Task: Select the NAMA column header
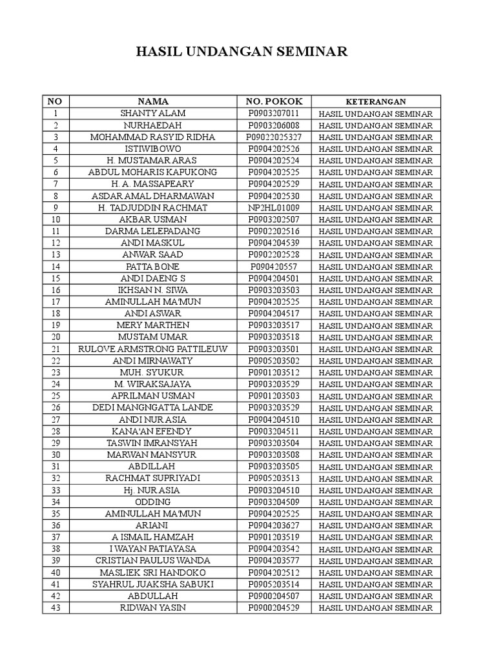coord(153,101)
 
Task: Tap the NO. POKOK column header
coord(274,101)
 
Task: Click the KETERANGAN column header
coord(376,102)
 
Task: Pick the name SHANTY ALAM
coord(153,114)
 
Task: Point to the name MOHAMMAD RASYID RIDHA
coord(153,137)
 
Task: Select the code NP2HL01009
coord(274,208)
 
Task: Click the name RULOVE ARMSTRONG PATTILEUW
coord(153,349)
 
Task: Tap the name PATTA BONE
coord(153,267)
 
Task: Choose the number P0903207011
coord(274,114)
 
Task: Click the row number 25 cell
coord(56,396)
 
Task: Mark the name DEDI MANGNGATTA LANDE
coord(153,408)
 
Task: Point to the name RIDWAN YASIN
coord(153,608)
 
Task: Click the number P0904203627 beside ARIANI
coord(274,525)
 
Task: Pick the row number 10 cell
coord(56,219)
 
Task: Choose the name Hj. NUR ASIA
coord(153,491)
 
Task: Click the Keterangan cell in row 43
coord(376,608)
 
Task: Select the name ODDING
coord(153,502)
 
